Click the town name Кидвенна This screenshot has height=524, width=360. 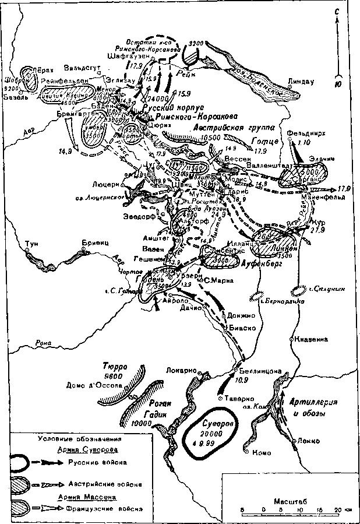click(x=311, y=339)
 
